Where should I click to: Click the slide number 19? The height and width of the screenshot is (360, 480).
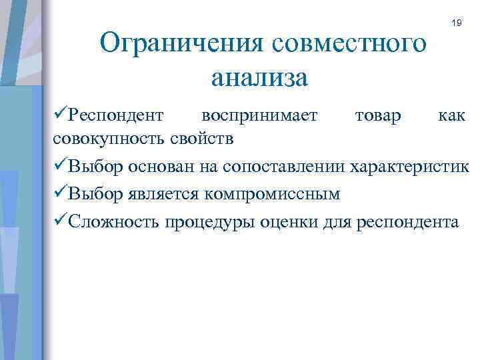[456, 23]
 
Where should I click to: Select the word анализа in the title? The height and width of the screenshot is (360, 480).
[259, 78]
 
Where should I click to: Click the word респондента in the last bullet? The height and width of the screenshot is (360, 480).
[409, 221]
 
